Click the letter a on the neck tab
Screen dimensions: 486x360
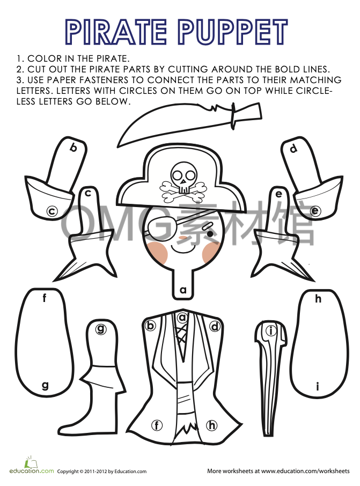click(183, 290)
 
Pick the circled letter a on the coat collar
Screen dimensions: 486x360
click(182, 317)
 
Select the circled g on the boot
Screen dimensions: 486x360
click(100, 329)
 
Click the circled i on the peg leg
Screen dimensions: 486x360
click(271, 331)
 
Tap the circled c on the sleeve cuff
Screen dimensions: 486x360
click(52, 211)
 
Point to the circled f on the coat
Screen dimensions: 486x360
click(157, 425)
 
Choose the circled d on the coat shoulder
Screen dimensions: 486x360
click(215, 326)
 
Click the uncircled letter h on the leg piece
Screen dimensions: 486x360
click(318, 299)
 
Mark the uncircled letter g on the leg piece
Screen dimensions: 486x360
click(45, 385)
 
